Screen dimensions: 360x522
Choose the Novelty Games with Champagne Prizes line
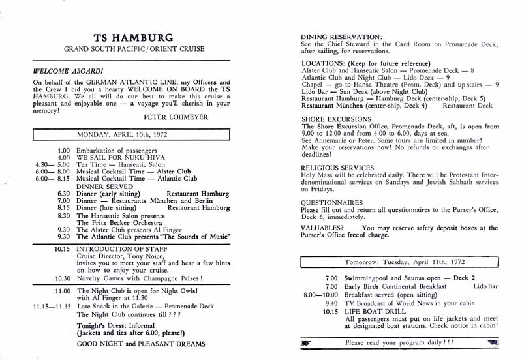140,278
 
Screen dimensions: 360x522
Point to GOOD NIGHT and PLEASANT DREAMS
141,344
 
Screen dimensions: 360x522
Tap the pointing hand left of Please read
305,342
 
